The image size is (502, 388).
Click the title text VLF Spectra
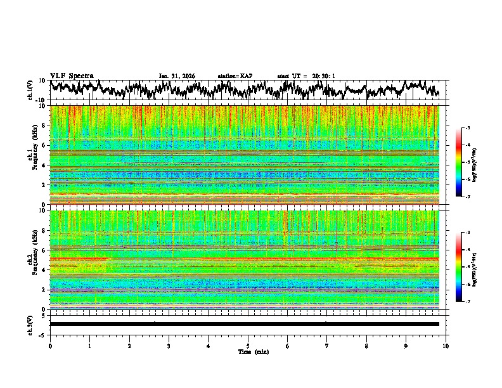72,75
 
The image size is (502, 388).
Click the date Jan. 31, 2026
177,76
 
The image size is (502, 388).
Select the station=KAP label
235,76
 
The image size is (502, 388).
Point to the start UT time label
306,76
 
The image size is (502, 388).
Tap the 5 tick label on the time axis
248,346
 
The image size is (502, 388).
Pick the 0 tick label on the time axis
50,346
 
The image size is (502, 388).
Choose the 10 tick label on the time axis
446,346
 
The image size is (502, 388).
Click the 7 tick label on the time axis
327,346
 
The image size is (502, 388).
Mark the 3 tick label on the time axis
169,346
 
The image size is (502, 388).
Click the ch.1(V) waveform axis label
31,91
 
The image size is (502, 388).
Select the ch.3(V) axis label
31,324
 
